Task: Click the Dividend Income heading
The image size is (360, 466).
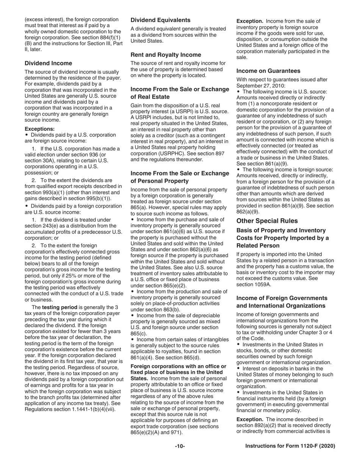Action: pos(48,63)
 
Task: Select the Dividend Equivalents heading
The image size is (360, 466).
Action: pos(160,20)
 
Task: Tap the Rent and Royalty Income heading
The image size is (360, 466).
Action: pos(166,55)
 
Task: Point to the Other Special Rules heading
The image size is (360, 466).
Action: pos(267,221)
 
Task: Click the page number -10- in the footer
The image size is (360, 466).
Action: pos(180,446)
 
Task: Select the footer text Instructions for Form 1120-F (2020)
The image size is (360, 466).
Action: pos(290,446)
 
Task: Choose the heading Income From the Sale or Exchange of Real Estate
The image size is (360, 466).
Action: pos(180,93)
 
